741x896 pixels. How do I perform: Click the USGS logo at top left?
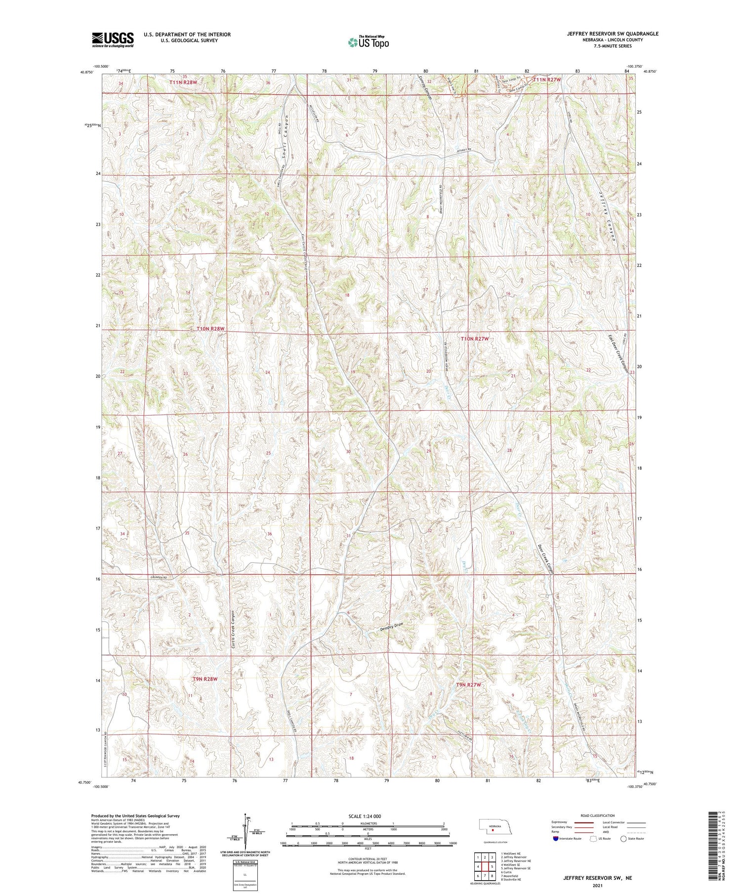pos(113,39)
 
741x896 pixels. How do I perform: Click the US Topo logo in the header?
pos(368,43)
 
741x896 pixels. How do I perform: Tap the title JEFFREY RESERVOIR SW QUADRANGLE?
pos(613,34)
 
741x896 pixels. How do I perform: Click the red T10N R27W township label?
pos(474,339)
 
